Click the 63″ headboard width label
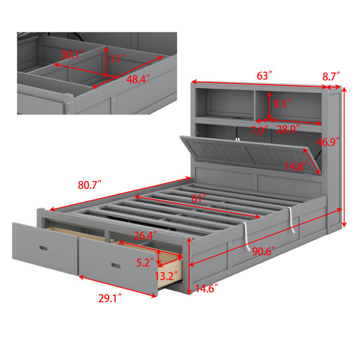(x=265, y=76)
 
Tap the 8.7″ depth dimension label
(x=331, y=76)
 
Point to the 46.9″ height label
(x=328, y=142)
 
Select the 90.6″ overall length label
(x=263, y=252)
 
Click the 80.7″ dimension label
(x=89, y=185)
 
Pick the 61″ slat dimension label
(x=199, y=199)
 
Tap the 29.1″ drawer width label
(x=110, y=298)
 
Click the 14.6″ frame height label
(x=206, y=289)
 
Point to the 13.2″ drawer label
(x=166, y=276)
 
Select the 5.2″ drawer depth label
(x=145, y=262)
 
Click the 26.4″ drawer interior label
(x=145, y=236)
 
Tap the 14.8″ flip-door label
(x=296, y=166)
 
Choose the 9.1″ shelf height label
(x=283, y=104)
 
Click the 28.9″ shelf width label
(x=288, y=130)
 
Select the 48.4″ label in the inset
(x=138, y=79)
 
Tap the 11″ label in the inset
(x=118, y=59)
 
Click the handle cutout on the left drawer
(x=43, y=248)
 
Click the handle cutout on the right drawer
(x=116, y=266)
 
